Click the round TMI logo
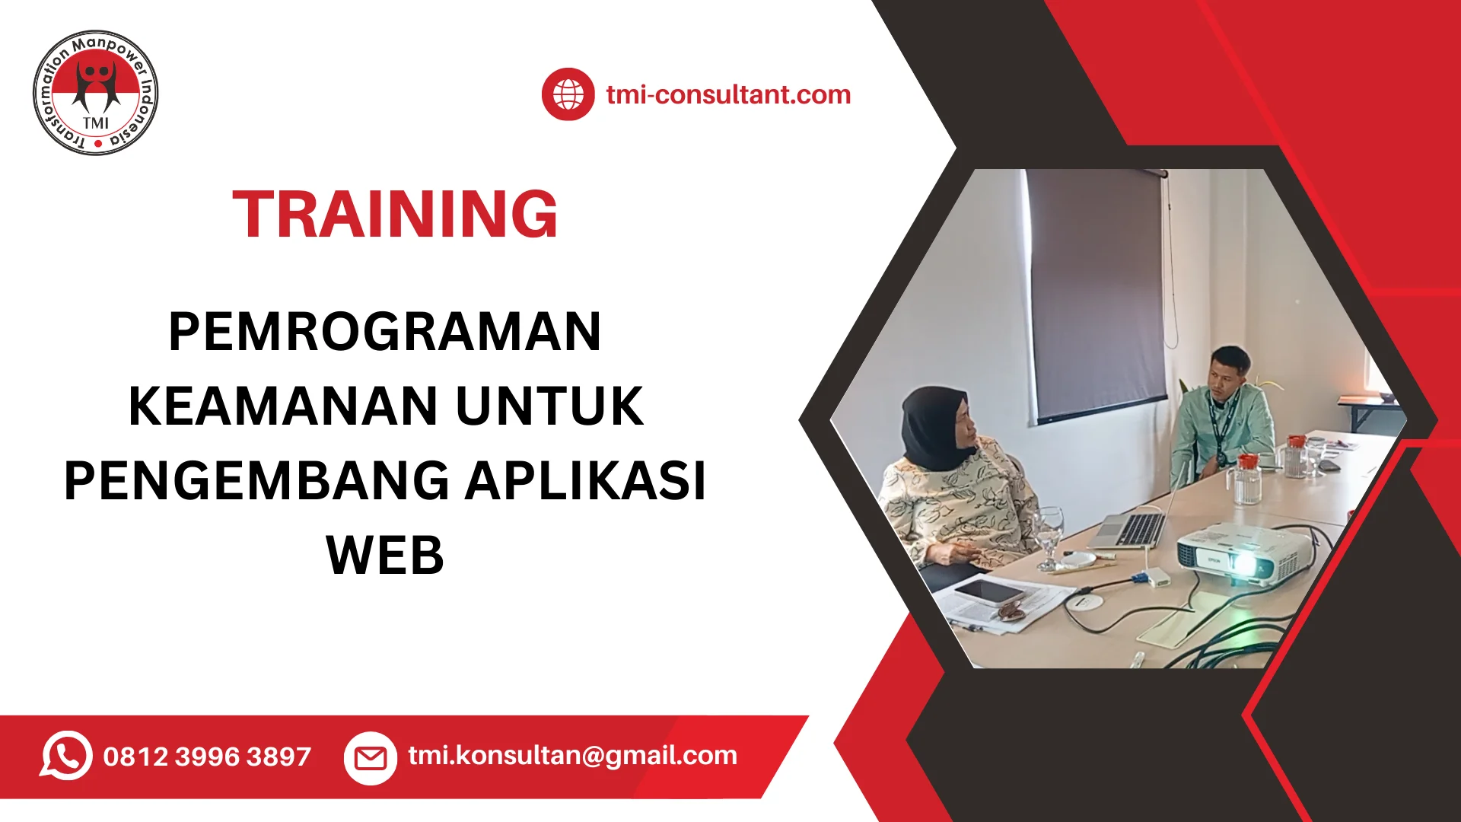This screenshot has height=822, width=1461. [96, 93]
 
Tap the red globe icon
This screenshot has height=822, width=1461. [568, 94]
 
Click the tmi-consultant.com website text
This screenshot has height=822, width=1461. [728, 94]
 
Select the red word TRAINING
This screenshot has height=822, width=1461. [395, 215]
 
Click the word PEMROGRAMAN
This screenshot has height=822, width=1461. [385, 332]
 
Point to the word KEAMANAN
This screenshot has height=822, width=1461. [283, 406]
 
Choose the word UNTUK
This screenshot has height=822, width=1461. [549, 406]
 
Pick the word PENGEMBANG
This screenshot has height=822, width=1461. [256, 480]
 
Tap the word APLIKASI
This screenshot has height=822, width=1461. [586, 480]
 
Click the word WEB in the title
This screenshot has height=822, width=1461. [385, 555]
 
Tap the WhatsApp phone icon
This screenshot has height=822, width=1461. [66, 756]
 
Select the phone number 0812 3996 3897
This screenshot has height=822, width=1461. [207, 757]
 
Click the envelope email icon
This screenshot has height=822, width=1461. [371, 757]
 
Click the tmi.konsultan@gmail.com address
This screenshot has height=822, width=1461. [572, 755]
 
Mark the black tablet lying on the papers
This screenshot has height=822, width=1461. [989, 591]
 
